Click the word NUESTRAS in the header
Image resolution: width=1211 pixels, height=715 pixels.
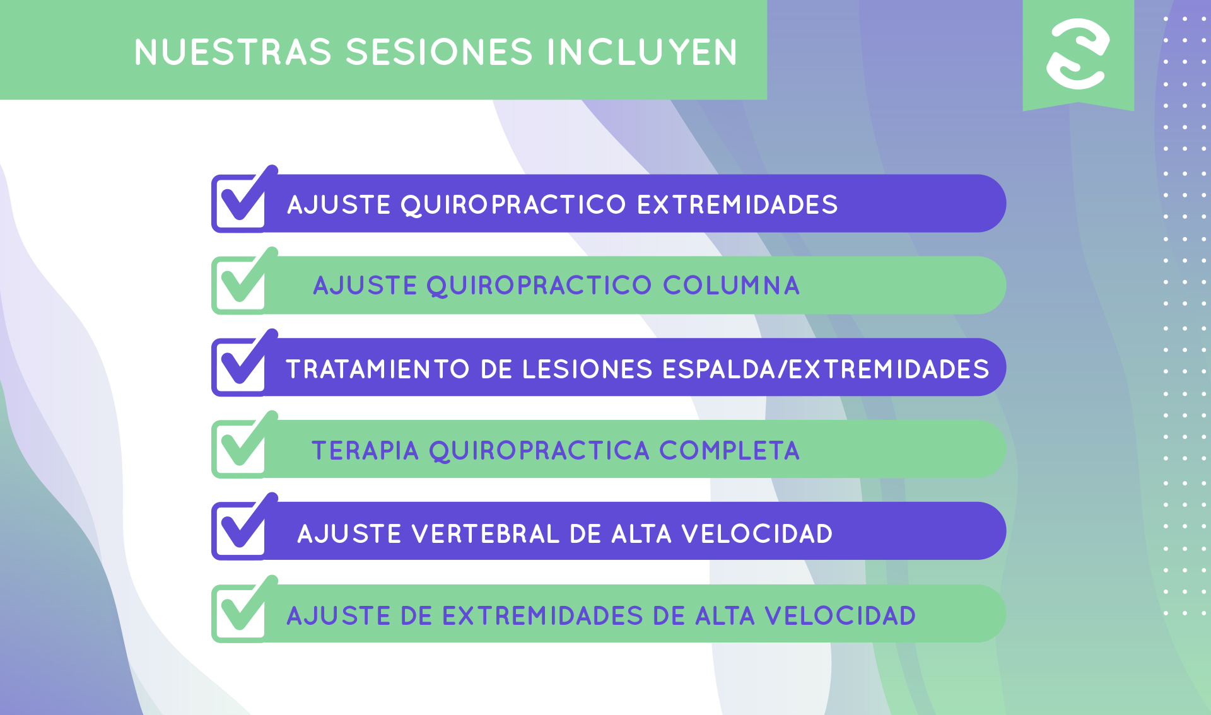[x=233, y=52]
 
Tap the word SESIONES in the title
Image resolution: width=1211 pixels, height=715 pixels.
[x=440, y=52]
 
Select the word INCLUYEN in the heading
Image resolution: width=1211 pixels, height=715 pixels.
[x=642, y=52]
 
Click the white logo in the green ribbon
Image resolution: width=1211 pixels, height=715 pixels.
[x=1078, y=54]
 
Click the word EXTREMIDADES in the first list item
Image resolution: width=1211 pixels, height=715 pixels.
[x=737, y=205]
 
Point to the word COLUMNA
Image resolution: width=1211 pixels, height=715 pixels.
[x=731, y=286]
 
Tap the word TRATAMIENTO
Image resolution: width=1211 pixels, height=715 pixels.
[x=378, y=369]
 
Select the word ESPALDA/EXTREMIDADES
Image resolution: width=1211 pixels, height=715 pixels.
[x=826, y=369]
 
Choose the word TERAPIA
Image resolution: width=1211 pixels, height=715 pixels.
[x=366, y=451]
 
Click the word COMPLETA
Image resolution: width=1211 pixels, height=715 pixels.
[x=730, y=451]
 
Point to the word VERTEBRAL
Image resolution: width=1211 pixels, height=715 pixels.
[x=486, y=534]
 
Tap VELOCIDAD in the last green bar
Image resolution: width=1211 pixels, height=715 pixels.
[x=841, y=616]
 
